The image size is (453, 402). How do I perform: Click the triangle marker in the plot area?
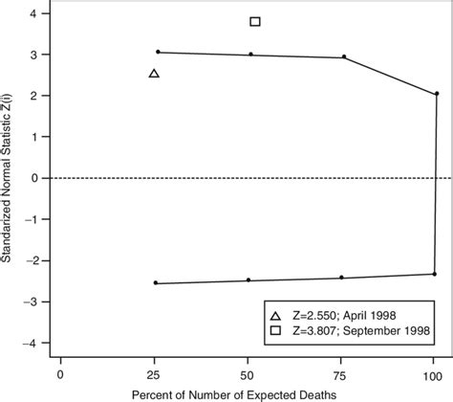click(155, 74)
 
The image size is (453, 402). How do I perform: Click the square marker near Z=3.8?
click(254, 21)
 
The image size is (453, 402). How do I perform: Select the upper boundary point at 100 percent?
click(436, 94)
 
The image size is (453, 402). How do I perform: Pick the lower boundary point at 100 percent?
click(434, 274)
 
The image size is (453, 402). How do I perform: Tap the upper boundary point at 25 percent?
click(159, 52)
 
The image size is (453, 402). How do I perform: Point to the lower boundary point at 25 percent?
click(156, 283)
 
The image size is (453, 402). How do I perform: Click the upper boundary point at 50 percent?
click(251, 55)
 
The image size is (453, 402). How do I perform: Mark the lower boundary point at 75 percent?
click(341, 278)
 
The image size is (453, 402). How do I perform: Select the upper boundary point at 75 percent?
click(344, 56)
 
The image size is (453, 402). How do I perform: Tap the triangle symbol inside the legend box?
click(275, 315)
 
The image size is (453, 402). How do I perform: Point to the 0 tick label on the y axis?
click(34, 178)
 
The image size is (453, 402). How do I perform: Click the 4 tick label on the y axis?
click(34, 14)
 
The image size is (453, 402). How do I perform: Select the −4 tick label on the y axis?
click(31, 343)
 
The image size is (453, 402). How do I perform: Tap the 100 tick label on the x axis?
click(434, 374)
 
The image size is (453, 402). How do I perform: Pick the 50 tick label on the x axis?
click(248, 374)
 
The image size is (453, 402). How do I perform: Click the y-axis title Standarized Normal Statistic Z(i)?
click(9, 178)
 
